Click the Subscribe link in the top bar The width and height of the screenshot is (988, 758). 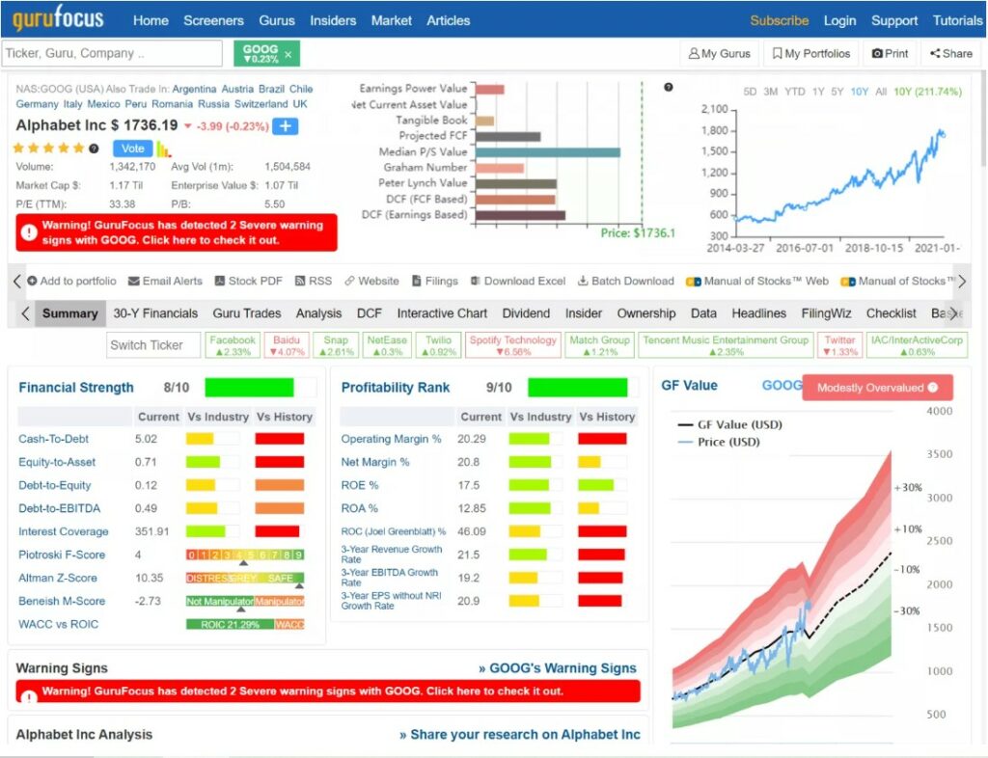[x=779, y=20]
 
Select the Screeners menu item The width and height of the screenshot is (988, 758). [x=213, y=20]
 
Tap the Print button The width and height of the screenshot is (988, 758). [x=890, y=54]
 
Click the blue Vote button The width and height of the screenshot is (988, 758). [x=133, y=149]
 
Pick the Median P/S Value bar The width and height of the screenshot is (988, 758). [x=547, y=152]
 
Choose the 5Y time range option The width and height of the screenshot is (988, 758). [x=837, y=92]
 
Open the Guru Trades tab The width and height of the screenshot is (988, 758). [x=247, y=313]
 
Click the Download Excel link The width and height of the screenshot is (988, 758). [x=518, y=282]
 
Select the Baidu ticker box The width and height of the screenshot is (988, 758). [x=286, y=345]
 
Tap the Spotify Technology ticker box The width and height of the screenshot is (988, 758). [x=512, y=345]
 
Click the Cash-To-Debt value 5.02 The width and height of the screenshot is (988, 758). [x=147, y=439]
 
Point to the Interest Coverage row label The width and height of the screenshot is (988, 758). [x=64, y=531]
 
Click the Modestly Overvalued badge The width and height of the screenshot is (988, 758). [x=877, y=388]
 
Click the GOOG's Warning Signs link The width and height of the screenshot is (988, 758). [x=558, y=668]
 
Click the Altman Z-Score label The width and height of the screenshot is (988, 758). [x=58, y=578]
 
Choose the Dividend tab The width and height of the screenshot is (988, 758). [x=526, y=313]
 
